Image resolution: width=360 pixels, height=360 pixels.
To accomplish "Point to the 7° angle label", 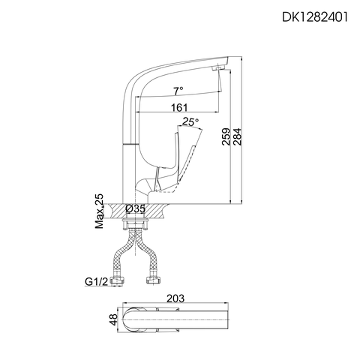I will (x=178, y=91).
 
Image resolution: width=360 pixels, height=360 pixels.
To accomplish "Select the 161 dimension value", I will (x=178, y=107).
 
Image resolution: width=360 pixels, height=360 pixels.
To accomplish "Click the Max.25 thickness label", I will (x=100, y=211).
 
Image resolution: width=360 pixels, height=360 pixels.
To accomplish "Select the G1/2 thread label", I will (x=95, y=283).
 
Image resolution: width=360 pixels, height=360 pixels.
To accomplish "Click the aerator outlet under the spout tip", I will (x=217, y=69).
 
